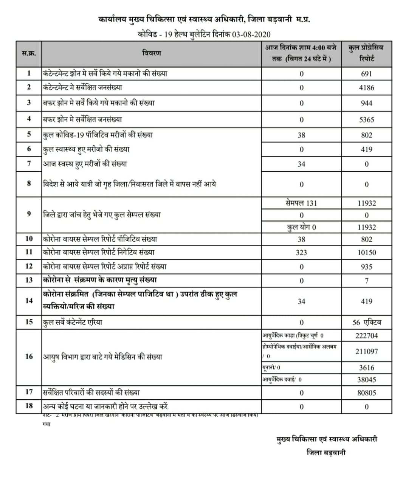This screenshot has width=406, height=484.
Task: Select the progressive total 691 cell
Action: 366,74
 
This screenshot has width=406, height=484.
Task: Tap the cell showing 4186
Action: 366,88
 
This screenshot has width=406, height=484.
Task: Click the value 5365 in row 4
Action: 366,120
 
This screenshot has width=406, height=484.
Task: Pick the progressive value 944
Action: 366,103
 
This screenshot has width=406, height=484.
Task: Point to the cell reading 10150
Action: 366,253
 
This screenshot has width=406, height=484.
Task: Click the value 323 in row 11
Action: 301,253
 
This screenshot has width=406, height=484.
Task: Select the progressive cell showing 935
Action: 366,267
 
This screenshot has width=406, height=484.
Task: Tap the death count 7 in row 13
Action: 366,281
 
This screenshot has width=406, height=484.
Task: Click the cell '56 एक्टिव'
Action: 366,323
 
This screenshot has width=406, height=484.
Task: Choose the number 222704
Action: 366,336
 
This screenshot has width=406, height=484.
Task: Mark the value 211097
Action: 366,351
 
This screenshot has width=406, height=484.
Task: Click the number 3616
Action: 366,368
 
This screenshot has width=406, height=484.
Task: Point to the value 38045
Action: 366,380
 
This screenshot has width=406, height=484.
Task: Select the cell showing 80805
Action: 366,393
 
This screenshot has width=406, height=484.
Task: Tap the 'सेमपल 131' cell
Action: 301,203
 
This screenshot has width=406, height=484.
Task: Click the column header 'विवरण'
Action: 152,53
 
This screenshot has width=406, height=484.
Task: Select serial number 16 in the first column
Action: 29,356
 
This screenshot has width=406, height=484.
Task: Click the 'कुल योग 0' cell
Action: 301,227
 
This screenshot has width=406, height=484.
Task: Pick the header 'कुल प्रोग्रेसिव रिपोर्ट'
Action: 366,53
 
